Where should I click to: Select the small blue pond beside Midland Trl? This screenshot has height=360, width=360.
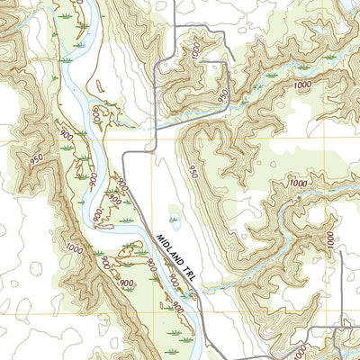click(175, 219)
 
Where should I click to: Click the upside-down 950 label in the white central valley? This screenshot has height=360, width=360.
click(193, 170)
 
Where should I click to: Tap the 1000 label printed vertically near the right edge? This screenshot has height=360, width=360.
click(330, 240)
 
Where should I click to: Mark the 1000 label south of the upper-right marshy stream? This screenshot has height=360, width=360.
click(298, 183)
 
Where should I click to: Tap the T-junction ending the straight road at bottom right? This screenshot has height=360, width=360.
click(342, 327)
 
